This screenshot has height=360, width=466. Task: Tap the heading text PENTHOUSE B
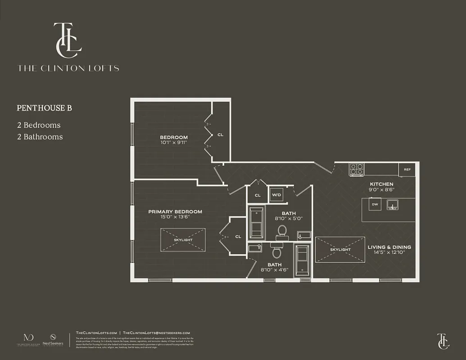(45, 108)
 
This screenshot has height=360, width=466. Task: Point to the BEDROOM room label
(173, 137)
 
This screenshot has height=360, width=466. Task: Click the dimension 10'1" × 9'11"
(173, 143)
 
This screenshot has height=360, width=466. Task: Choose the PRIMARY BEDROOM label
(175, 211)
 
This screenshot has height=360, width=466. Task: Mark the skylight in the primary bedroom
(183, 240)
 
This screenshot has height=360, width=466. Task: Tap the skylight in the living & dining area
(340, 249)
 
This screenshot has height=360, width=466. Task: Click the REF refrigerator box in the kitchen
(407, 170)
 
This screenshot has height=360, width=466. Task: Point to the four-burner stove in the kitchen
(357, 169)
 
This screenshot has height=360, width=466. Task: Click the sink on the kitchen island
(393, 204)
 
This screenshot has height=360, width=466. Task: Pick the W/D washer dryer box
(276, 195)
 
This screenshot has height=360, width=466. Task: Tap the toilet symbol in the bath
(282, 231)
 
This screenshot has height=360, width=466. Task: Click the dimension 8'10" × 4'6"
(275, 270)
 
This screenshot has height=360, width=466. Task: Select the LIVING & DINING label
(389, 247)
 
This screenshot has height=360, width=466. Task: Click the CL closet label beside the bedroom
(220, 135)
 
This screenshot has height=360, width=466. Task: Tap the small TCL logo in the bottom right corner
(443, 341)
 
